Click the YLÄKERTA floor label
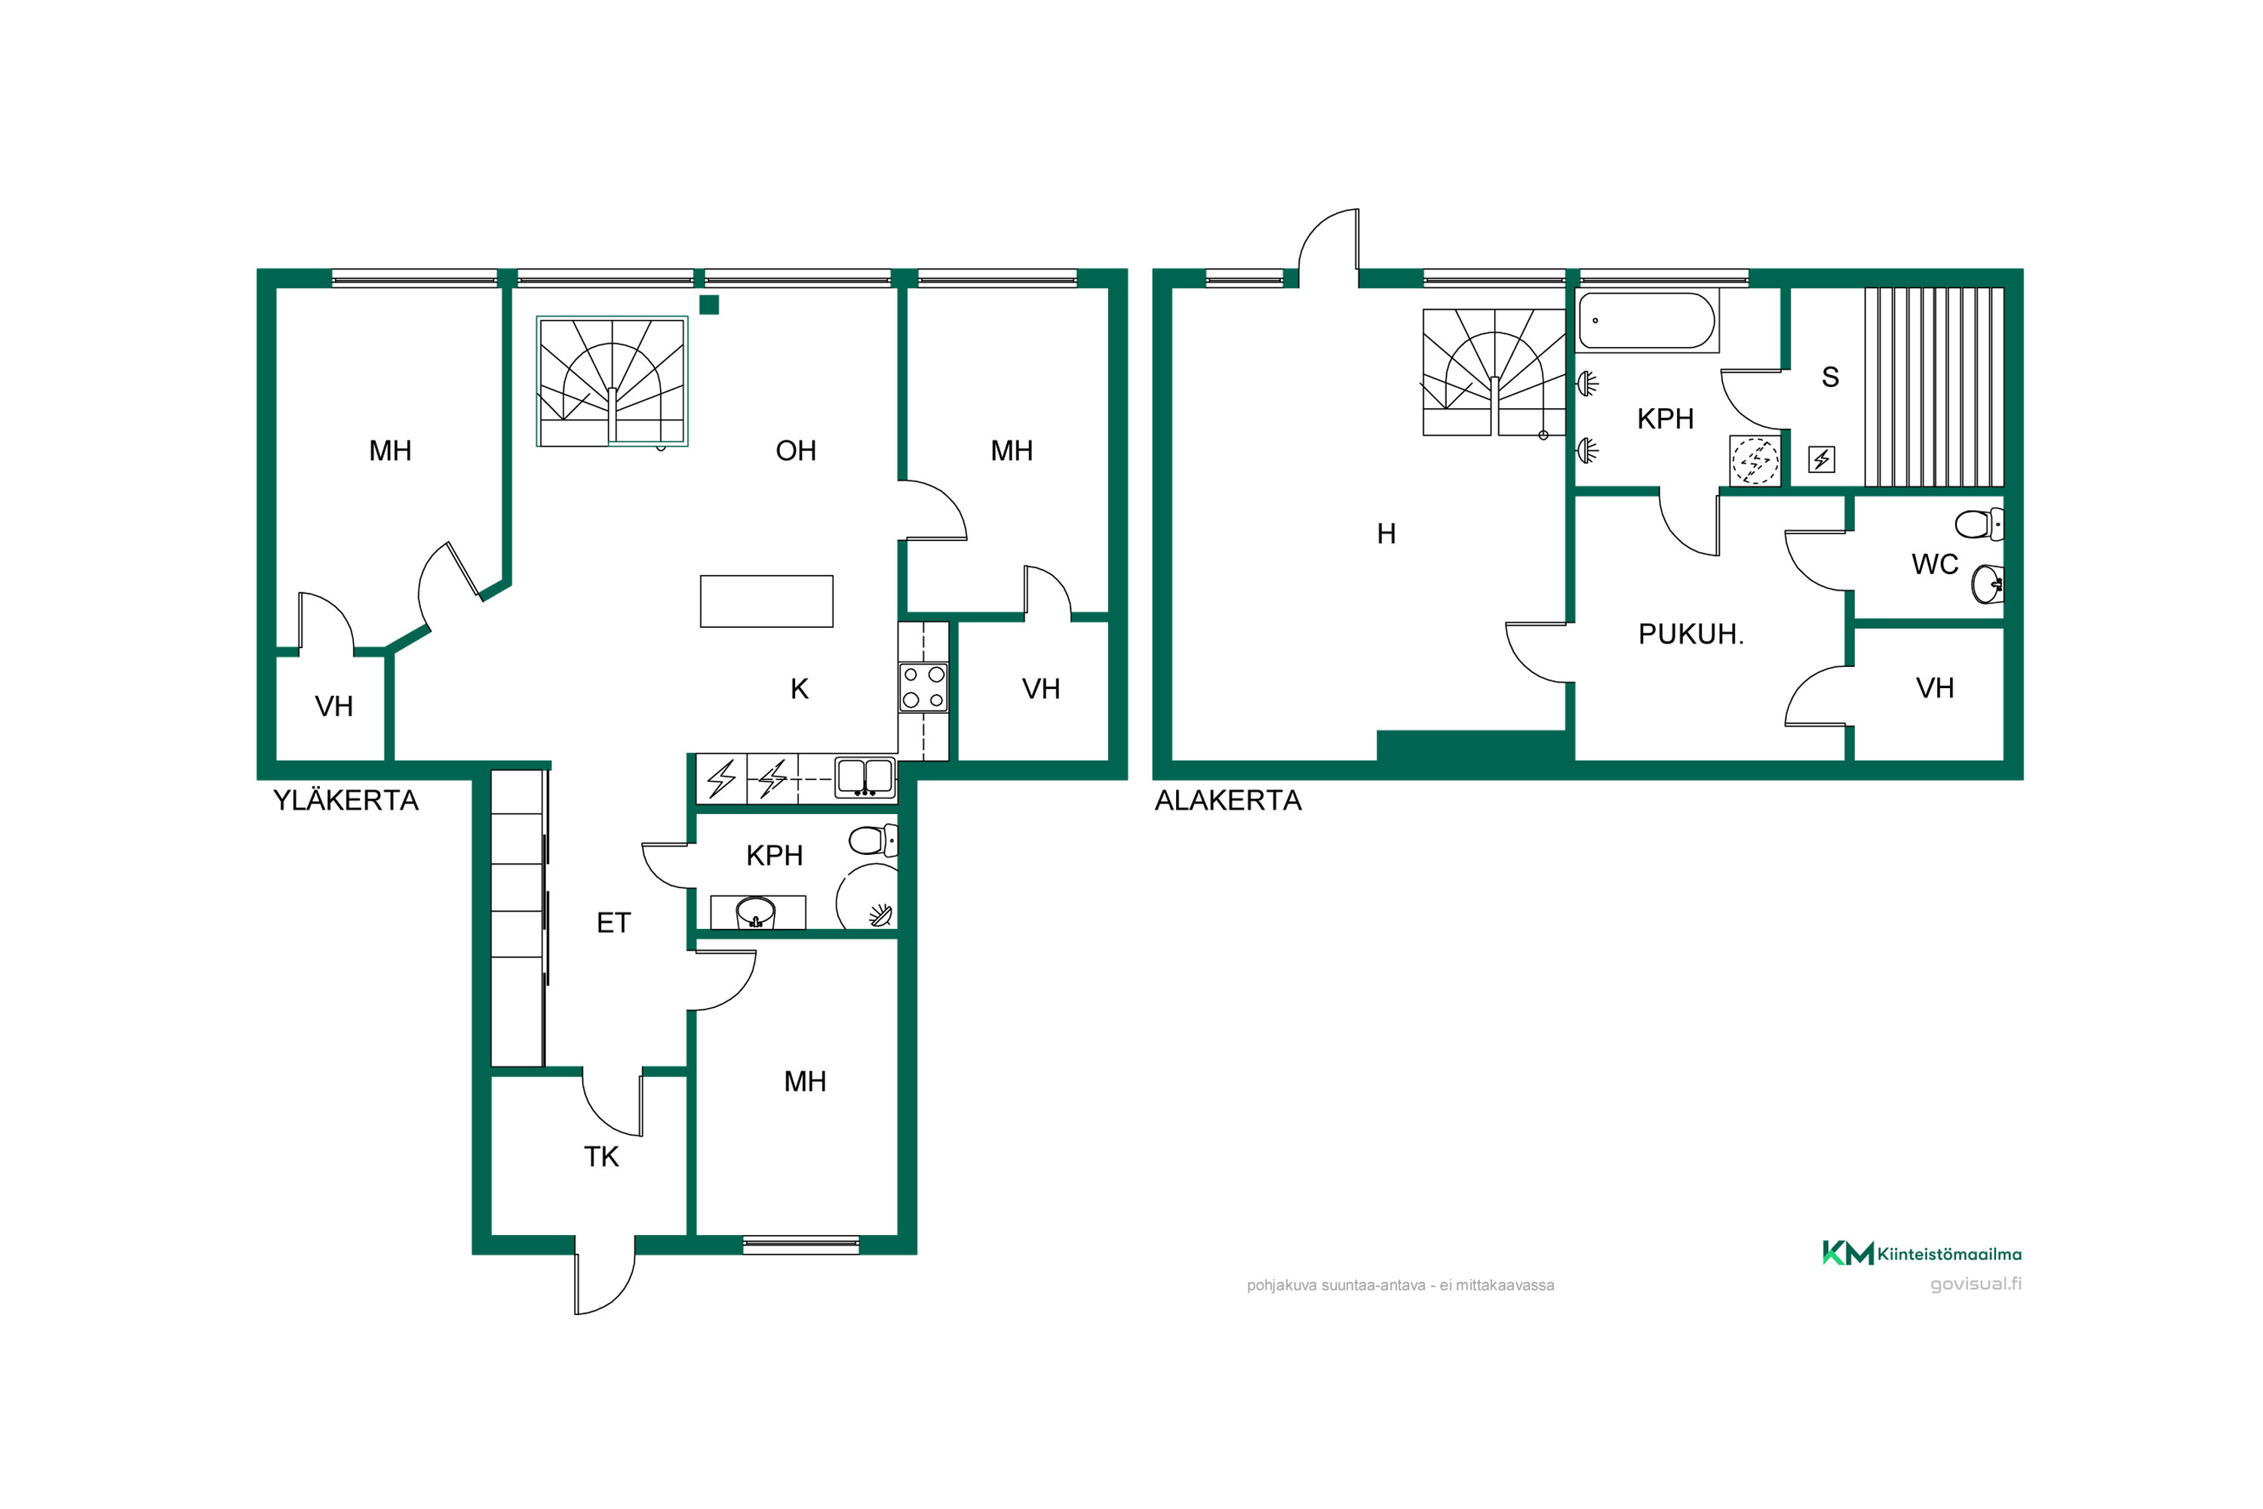click(x=345, y=801)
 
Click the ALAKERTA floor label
click(x=1228, y=801)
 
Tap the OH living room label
click(x=796, y=450)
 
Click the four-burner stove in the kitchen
click(x=923, y=687)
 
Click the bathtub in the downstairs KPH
click(x=1647, y=321)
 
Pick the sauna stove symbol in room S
click(x=1822, y=459)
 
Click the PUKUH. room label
click(x=1690, y=635)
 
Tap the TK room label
click(x=601, y=1157)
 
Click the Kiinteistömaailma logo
click(x=1921, y=1253)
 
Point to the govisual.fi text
click(x=1976, y=1284)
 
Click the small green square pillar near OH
click(x=709, y=305)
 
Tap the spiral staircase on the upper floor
click(x=612, y=381)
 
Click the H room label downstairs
click(x=1386, y=533)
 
